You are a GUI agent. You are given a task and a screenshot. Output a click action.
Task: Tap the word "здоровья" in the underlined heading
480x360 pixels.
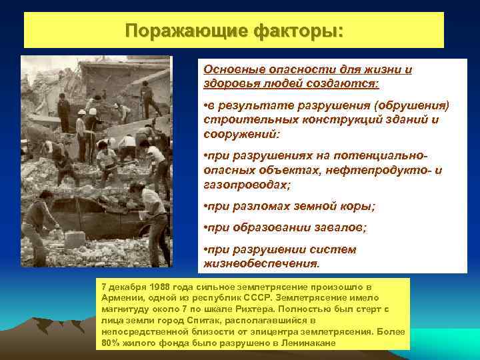231,84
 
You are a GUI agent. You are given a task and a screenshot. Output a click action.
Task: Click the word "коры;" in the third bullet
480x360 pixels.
356,207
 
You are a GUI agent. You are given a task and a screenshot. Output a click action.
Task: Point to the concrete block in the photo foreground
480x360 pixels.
75,239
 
